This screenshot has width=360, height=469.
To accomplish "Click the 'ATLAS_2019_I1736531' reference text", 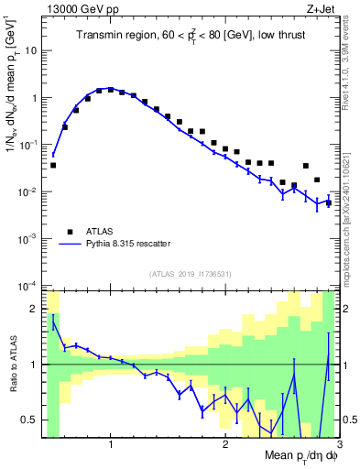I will pos(190,274).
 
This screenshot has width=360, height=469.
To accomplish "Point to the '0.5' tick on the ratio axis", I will pos(32,420).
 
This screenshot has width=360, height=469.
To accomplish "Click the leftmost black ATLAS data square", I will pos(53,166).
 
